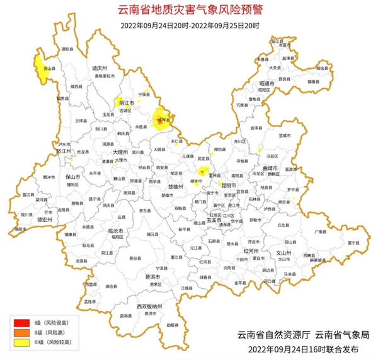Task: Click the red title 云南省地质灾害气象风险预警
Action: pyautogui.click(x=190, y=10)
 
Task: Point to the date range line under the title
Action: pyautogui.click(x=190, y=25)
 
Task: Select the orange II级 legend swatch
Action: pyautogui.click(x=17, y=334)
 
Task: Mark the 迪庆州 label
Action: pyautogui.click(x=100, y=67)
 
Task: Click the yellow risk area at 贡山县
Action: pyautogui.click(x=43, y=70)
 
